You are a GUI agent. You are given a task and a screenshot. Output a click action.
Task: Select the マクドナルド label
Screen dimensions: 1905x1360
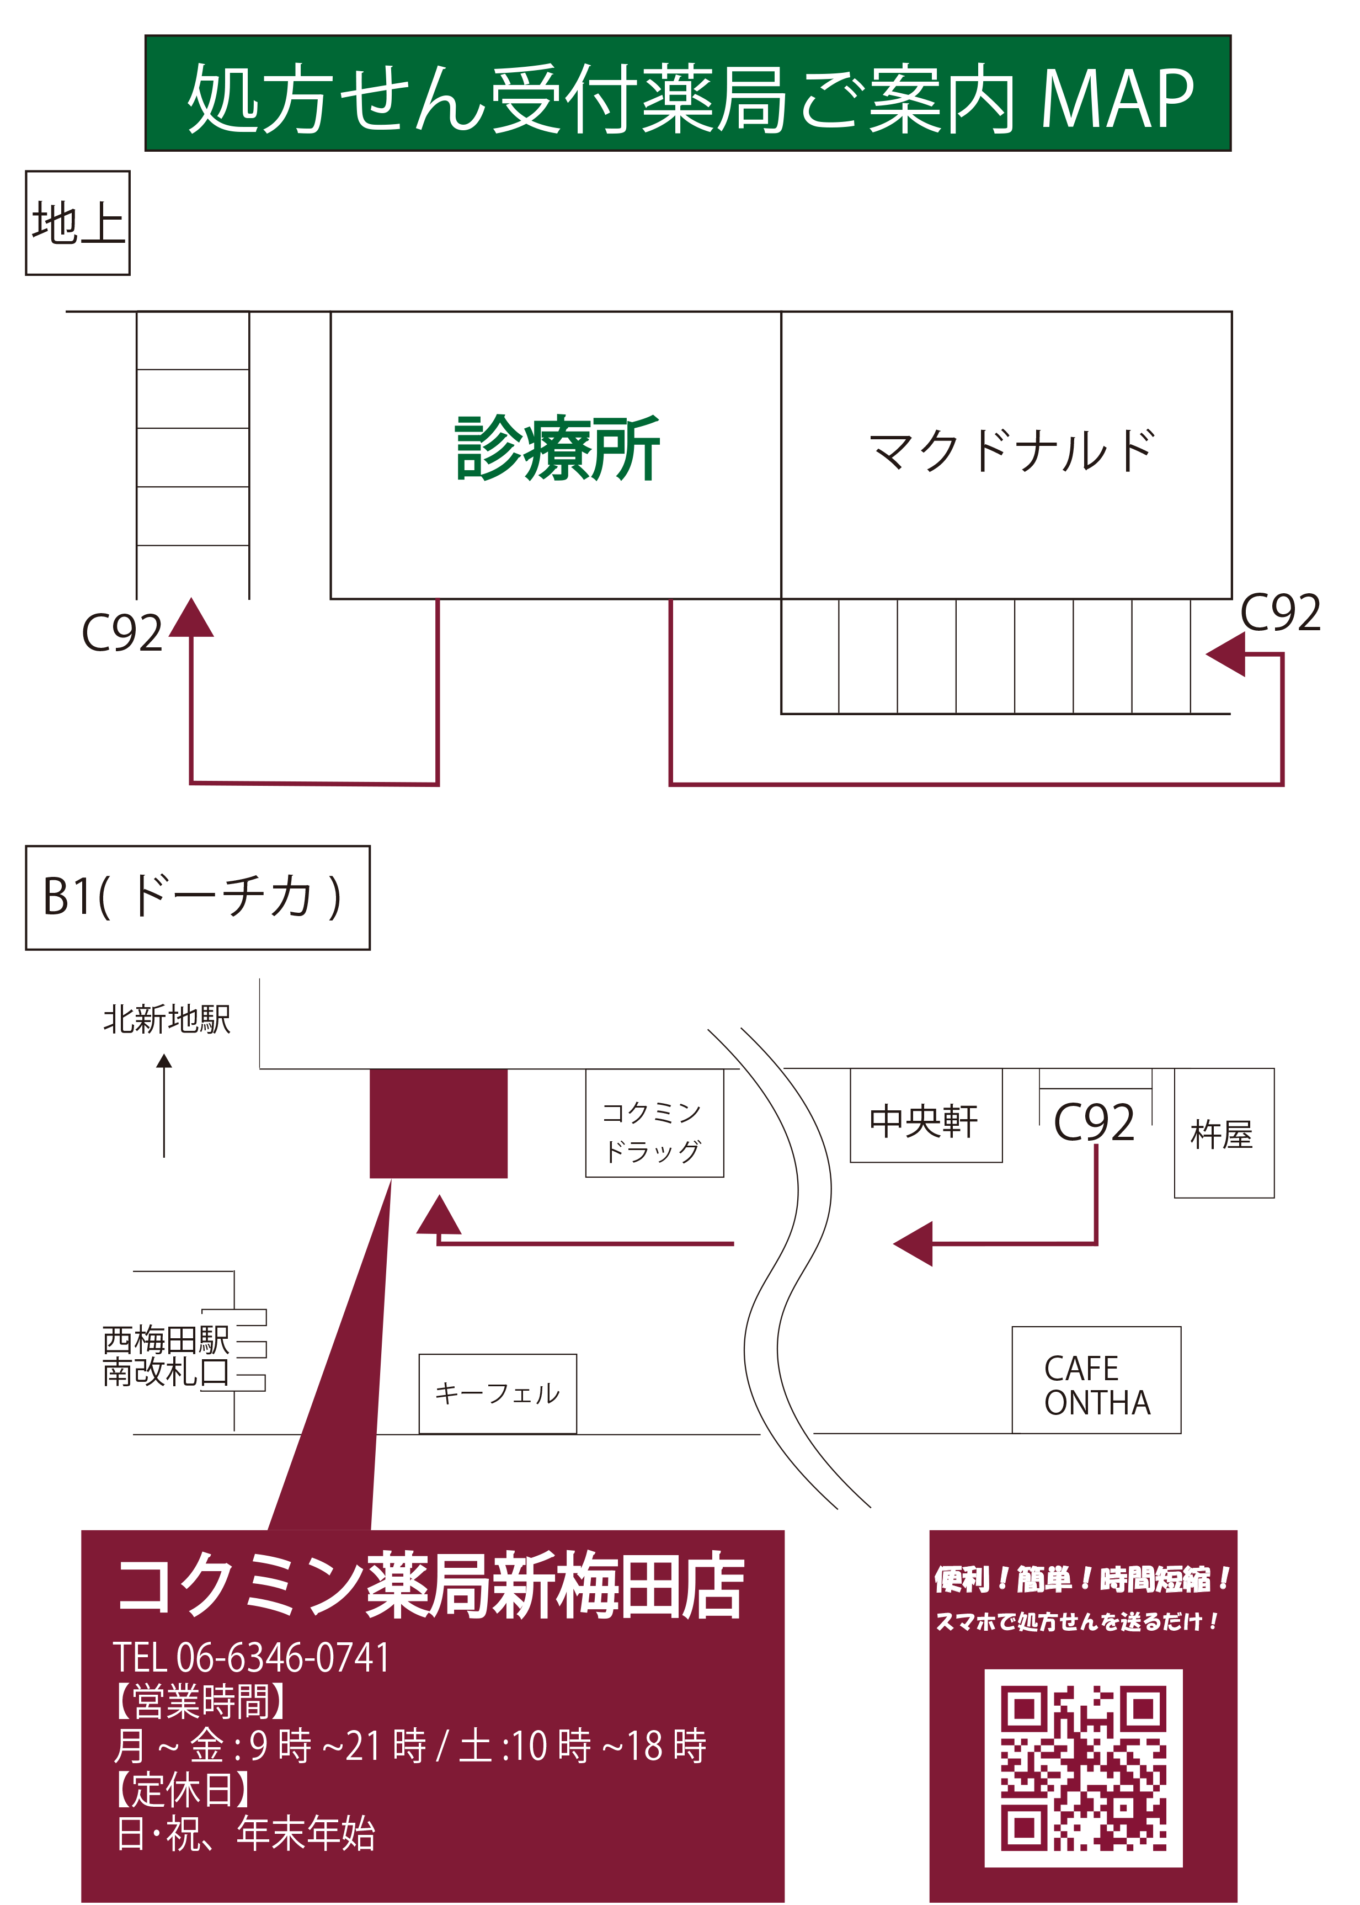(x=1012, y=451)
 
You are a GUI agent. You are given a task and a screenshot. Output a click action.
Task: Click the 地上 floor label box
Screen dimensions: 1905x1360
(x=78, y=223)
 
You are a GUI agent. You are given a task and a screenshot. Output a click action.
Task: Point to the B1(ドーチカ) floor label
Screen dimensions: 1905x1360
(x=198, y=897)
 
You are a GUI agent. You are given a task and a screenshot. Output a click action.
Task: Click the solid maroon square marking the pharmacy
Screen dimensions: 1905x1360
(x=439, y=1124)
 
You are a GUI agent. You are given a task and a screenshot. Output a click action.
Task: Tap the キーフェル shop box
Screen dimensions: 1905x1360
(x=498, y=1392)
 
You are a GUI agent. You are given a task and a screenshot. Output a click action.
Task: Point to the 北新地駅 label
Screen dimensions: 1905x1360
(x=167, y=1019)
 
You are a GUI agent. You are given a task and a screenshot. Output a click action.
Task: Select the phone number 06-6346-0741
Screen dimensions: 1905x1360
(x=283, y=1657)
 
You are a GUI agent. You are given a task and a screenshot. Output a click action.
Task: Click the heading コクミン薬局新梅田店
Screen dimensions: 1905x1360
(x=430, y=1587)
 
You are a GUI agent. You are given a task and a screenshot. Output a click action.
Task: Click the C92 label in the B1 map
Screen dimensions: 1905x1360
(x=1094, y=1122)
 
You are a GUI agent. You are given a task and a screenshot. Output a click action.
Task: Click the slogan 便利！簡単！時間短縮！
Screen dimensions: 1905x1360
(x=1082, y=1580)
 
